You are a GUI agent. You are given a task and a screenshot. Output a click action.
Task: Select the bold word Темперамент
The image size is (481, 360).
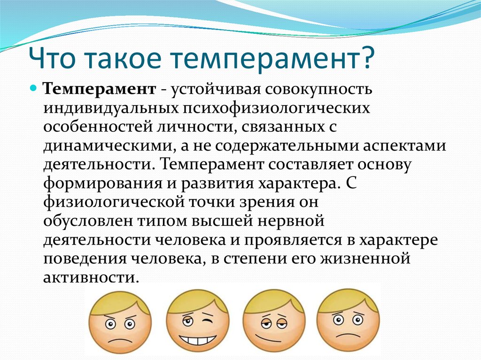click(x=100, y=90)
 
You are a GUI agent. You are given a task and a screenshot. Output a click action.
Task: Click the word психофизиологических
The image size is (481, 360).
click(x=277, y=109)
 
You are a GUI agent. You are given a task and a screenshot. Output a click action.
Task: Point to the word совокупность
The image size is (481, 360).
click(x=318, y=90)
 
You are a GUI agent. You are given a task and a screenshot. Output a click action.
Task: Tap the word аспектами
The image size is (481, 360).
click(x=404, y=147)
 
